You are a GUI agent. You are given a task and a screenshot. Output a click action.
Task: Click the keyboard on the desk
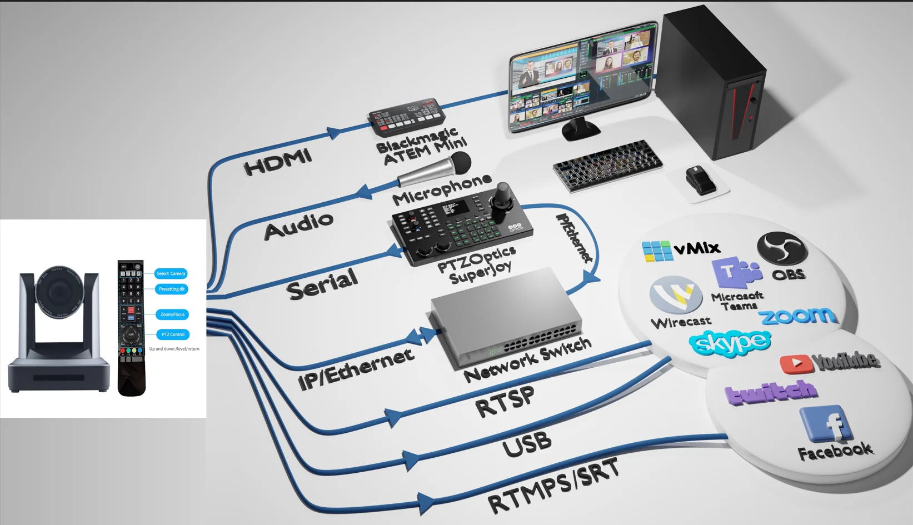click(608, 164)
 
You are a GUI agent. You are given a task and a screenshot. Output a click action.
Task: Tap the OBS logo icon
click(782, 249)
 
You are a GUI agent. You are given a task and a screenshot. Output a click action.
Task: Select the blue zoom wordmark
click(798, 316)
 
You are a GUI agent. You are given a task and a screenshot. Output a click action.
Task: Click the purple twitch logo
click(771, 392)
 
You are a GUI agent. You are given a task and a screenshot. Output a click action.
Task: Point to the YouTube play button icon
click(796, 364)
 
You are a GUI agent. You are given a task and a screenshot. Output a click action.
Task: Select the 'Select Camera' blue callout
click(171, 273)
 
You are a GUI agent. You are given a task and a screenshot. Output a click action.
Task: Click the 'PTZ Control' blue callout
click(173, 334)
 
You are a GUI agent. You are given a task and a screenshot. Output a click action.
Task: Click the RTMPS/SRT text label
click(553, 486)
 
